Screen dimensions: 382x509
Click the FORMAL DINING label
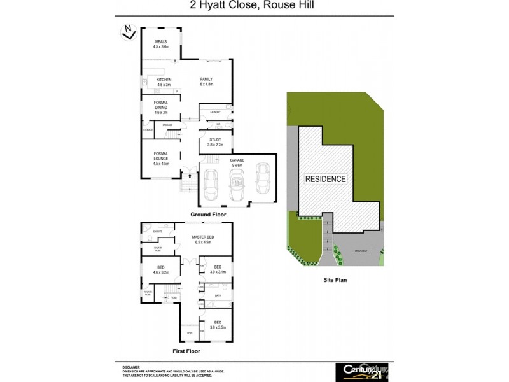tap(160, 108)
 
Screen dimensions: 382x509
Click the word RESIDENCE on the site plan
tap(326, 179)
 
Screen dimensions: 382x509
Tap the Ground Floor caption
tap(208, 215)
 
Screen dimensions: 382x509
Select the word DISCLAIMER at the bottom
tap(132, 367)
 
